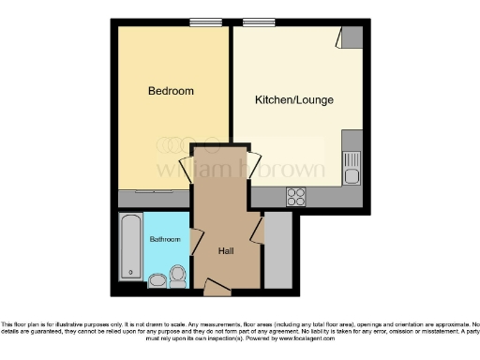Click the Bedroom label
pos(171,91)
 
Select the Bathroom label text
pos(164,239)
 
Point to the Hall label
pos(226,251)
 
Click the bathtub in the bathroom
pos(128,247)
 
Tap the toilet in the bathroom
pos(178,274)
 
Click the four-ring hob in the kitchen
pos(296,197)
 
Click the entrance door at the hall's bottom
pos(216,284)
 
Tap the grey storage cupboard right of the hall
pos(278,251)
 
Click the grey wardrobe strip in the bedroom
pos(154,200)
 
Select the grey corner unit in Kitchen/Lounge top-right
pos(352,37)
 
